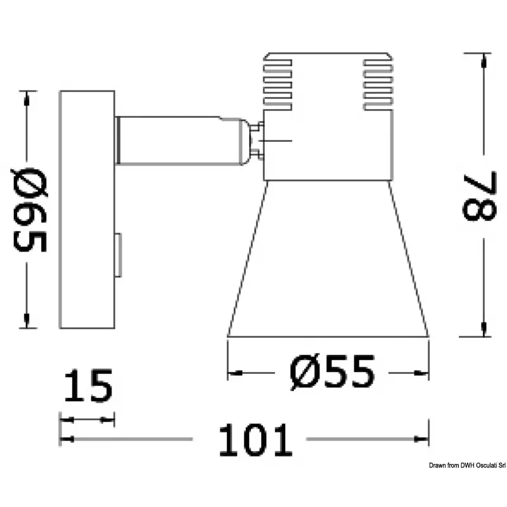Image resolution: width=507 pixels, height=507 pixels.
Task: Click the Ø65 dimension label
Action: point(30,210)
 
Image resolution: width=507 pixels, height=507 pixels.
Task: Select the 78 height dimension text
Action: point(480,196)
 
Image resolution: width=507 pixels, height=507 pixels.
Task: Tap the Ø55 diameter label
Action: point(332,372)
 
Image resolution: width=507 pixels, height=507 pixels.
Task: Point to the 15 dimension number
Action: point(88,385)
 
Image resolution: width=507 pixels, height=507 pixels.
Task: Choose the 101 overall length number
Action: point(255,440)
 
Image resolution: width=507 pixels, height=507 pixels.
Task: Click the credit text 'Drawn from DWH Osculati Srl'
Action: point(467,465)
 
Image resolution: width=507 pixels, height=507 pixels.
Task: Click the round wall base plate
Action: point(87,210)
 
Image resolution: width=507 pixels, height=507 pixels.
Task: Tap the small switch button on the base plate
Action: point(119,255)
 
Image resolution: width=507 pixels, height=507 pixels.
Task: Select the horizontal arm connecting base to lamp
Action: point(181,141)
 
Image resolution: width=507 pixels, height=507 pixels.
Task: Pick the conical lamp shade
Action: point(328,259)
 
